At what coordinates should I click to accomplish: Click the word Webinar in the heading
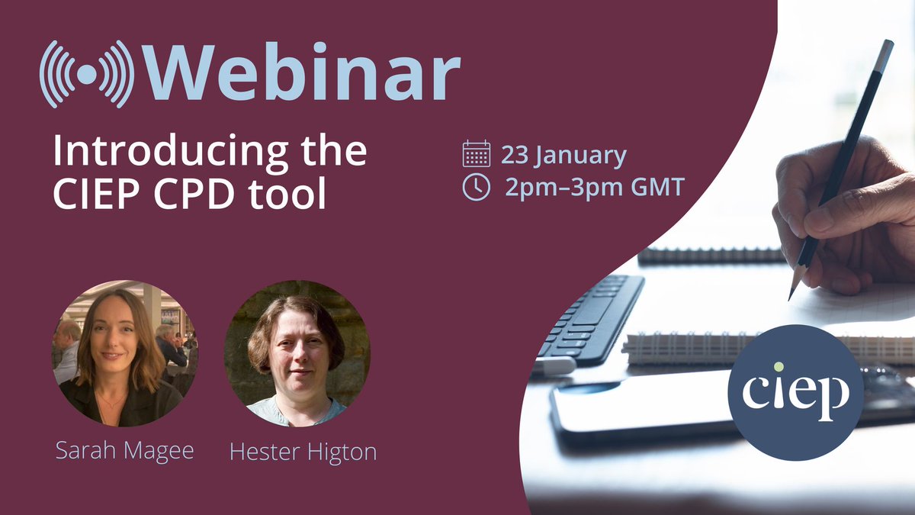[300, 74]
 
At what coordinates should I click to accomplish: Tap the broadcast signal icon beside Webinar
[87, 74]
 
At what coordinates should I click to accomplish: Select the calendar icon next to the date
[476, 154]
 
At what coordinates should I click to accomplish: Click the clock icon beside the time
[476, 187]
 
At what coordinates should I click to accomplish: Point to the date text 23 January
[563, 155]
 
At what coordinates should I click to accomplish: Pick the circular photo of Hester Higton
[297, 355]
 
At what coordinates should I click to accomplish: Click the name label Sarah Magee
[124, 450]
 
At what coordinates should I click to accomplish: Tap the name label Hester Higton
[303, 452]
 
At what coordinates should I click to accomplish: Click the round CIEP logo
[795, 392]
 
